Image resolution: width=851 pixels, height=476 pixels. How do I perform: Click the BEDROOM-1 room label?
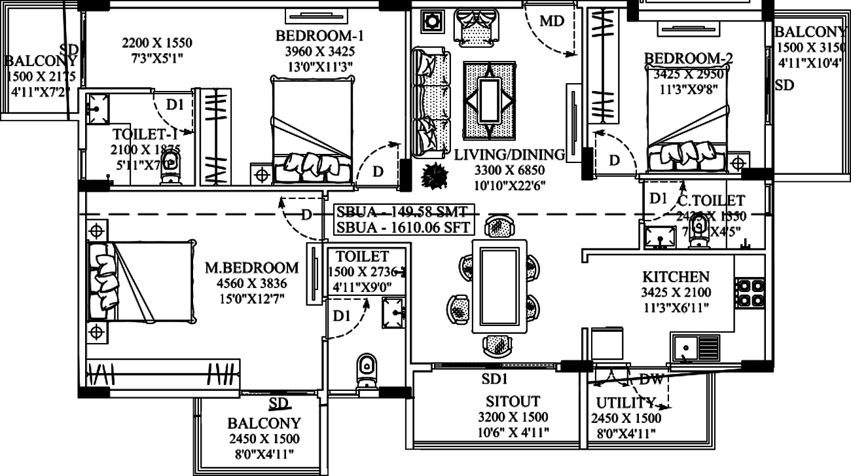[319, 35]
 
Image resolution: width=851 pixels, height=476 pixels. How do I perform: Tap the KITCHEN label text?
[675, 278]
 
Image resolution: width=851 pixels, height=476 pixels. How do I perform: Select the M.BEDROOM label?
[252, 268]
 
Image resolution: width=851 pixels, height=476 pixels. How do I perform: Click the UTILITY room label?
[625, 403]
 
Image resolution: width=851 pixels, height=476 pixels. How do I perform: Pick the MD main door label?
[552, 21]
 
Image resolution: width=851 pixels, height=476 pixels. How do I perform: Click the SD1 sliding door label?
[495, 379]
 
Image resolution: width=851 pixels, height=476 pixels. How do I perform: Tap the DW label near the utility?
[651, 379]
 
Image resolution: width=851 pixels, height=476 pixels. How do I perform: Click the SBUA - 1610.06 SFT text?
[403, 227]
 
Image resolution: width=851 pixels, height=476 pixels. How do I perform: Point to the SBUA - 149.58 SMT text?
[403, 212]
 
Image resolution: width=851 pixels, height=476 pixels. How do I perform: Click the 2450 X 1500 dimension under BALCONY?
[264, 439]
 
